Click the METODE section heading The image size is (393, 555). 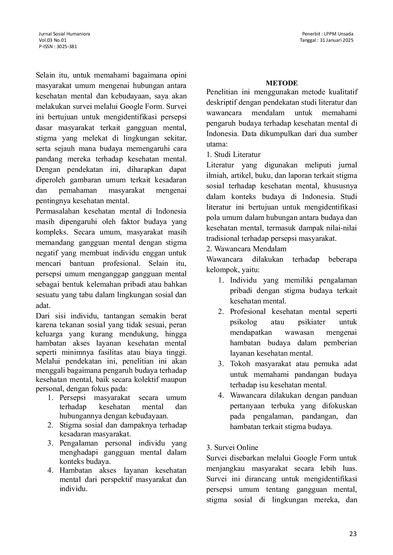(282, 83)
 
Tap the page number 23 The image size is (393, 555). (353, 534)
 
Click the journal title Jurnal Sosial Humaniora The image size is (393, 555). (64, 34)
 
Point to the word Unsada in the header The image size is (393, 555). (345, 34)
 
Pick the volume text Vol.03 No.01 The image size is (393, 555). (53, 40)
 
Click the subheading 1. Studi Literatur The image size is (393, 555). (233, 154)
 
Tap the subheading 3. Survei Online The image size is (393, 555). (232, 447)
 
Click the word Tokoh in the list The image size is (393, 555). (240, 364)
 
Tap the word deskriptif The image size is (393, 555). (221, 102)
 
